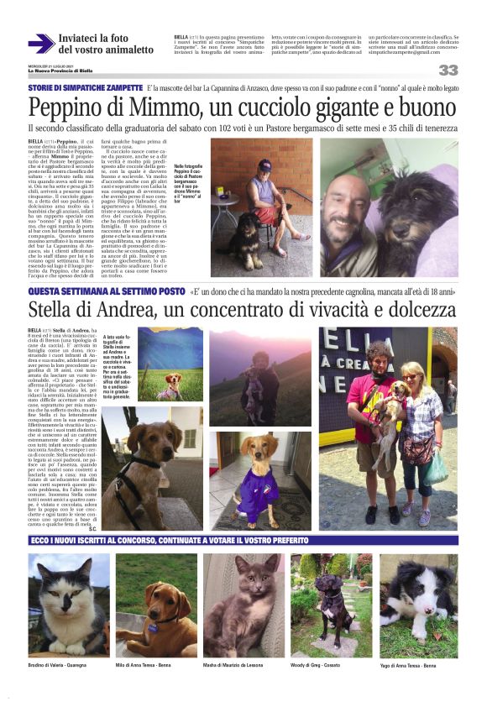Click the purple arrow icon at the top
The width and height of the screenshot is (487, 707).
[x=41, y=44]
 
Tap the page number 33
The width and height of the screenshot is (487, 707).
[x=448, y=71]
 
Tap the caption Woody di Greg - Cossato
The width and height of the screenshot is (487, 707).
[x=315, y=666]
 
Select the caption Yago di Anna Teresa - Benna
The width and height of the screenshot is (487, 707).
[x=408, y=666]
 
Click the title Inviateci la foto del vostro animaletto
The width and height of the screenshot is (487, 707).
[x=105, y=44]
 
